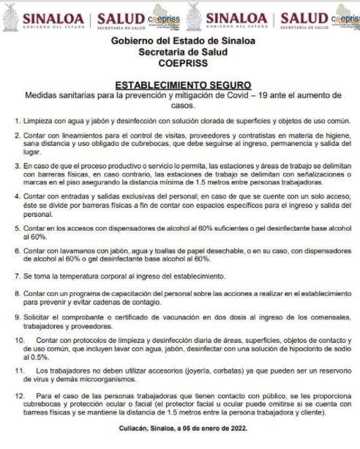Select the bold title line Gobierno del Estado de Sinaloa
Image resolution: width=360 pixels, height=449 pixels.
pos(179,41)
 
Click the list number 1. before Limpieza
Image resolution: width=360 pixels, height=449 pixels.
pos(18,119)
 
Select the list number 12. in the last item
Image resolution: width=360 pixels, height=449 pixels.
pos(20,396)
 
